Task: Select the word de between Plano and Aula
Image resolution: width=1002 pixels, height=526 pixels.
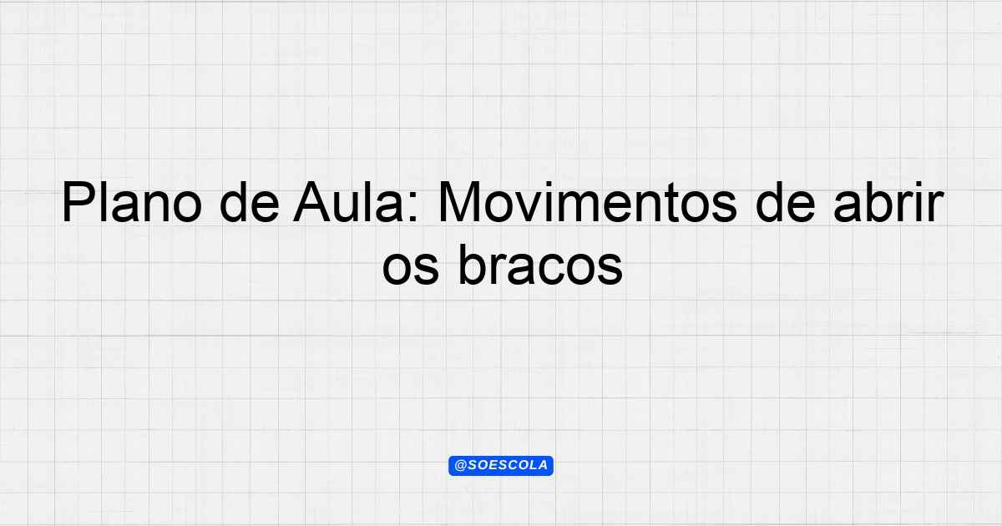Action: [250, 202]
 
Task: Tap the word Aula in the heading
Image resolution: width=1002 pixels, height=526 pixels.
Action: [348, 202]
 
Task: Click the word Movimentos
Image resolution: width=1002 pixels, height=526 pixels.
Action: [587, 202]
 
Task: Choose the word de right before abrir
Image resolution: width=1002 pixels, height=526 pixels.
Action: [785, 202]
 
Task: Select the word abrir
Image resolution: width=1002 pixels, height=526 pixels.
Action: [888, 202]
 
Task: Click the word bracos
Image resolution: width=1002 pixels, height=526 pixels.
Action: [540, 265]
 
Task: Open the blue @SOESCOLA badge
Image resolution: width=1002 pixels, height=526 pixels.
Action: [501, 466]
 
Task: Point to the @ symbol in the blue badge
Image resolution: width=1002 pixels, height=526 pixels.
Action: [460, 466]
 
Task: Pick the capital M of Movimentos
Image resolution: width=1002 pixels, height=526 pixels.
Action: [460, 202]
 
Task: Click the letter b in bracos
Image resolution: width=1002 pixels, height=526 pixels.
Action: [473, 265]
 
